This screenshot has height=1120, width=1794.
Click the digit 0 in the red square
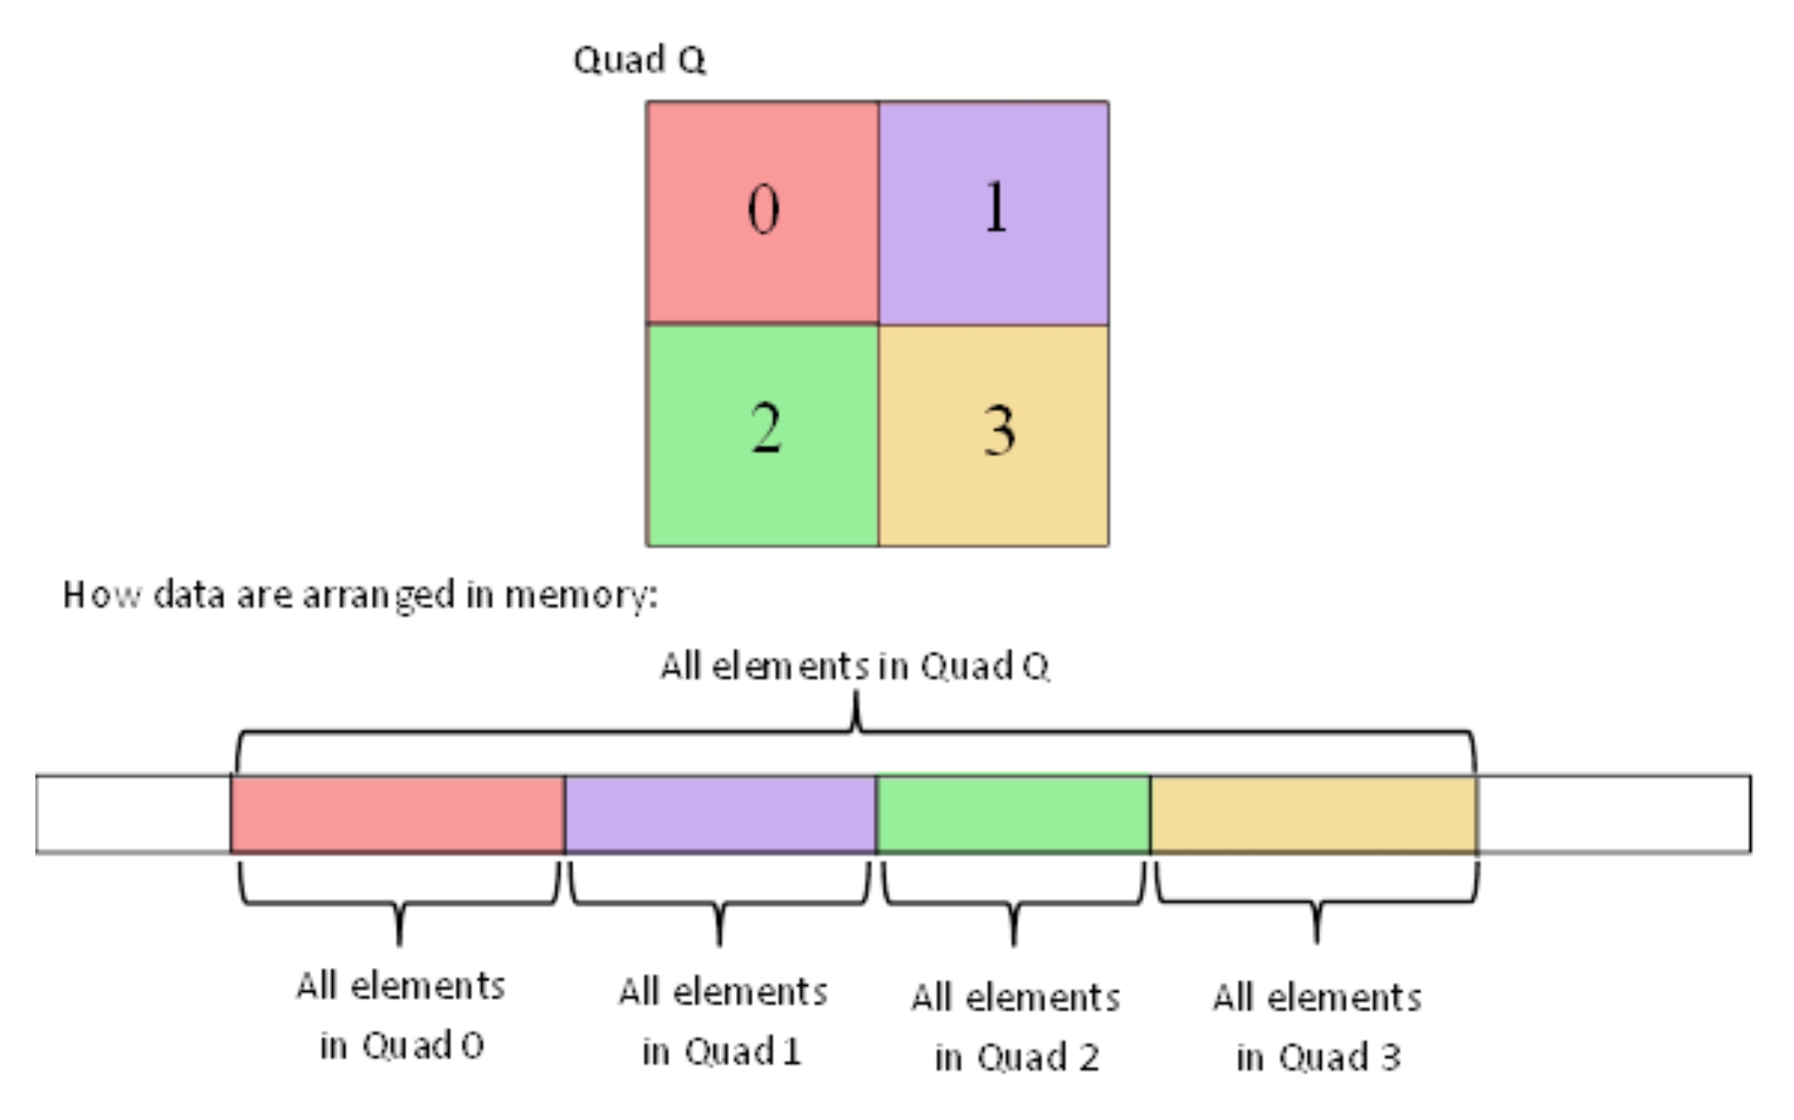[x=763, y=209]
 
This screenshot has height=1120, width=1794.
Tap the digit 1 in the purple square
[x=996, y=207]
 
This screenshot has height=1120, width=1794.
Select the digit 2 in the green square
[x=765, y=428]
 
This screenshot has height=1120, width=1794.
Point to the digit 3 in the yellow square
[x=999, y=431]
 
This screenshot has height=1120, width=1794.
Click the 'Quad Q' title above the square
[x=639, y=61]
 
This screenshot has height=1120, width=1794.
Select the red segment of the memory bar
[x=397, y=815]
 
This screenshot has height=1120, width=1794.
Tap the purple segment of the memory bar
[x=720, y=815]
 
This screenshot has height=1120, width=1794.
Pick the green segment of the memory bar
[x=1012, y=815]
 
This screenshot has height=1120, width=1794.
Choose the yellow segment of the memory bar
[x=1313, y=815]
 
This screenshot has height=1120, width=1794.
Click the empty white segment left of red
[x=133, y=815]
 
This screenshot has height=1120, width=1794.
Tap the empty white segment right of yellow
[x=1613, y=815]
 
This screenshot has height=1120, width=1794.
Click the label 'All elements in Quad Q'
[x=854, y=666]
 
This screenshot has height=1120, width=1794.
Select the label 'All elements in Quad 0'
[x=400, y=1015]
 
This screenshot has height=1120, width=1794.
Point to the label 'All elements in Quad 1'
[x=722, y=1021]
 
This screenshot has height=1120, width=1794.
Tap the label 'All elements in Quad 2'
[x=1016, y=1027]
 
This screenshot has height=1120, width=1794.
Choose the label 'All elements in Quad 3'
[x=1317, y=1027]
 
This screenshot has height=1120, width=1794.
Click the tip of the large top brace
[x=856, y=697]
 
